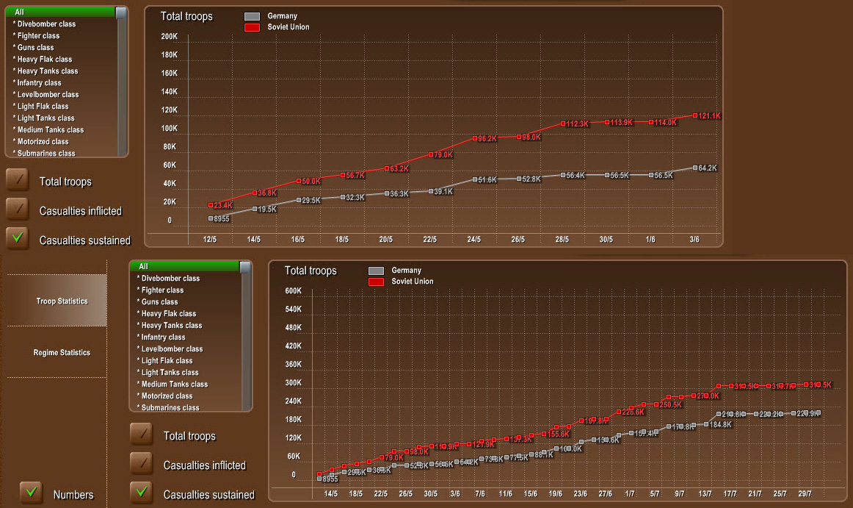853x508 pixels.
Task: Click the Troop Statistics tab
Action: pos(62,301)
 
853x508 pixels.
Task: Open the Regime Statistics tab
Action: pos(62,353)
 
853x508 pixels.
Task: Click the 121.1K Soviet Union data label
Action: pos(708,116)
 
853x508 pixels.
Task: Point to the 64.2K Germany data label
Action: pos(706,168)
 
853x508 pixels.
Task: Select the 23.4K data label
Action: pos(222,206)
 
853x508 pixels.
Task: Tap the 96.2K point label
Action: pos(487,138)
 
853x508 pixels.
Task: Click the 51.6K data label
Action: pos(487,180)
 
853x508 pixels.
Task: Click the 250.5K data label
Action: pos(670,405)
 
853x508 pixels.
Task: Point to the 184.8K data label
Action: pos(720,425)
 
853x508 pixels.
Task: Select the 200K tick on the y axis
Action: pos(170,37)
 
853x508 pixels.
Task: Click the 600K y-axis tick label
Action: pos(293,291)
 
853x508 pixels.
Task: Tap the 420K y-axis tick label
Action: pos(293,346)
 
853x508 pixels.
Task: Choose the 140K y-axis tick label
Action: pos(170,92)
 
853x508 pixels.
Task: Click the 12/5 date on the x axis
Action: pos(210,240)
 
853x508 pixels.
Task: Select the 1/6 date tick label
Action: pos(650,240)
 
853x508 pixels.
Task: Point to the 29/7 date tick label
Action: pos(805,494)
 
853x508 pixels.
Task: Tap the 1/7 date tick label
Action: pos(630,494)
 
